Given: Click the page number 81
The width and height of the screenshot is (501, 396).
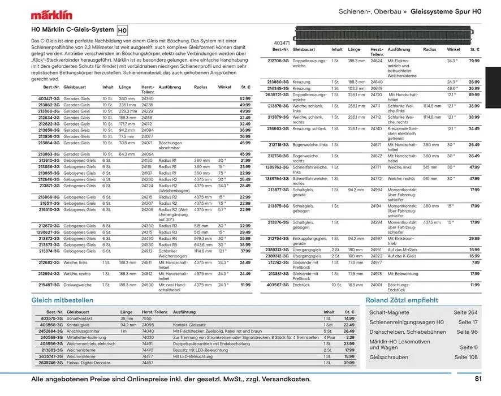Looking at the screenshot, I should [478, 380].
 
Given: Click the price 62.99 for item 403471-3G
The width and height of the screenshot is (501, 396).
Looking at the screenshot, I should [245, 99].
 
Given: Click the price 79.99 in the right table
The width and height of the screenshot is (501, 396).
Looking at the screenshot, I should [474, 61].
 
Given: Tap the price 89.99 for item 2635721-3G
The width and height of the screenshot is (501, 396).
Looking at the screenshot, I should [474, 95].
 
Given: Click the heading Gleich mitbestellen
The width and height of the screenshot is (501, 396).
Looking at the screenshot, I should [62, 300].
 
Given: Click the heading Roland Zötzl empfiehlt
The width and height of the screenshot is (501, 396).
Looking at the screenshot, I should [401, 300].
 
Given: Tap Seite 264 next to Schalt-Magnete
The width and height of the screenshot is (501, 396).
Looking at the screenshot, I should [465, 313].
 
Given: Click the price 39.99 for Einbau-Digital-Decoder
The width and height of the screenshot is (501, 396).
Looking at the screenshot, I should [349, 363].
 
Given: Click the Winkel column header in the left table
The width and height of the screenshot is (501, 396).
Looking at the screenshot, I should [224, 88].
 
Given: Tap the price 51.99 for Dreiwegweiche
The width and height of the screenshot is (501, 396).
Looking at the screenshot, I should [245, 285].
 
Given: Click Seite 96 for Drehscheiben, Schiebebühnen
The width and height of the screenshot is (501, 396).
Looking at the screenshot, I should [467, 332].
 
